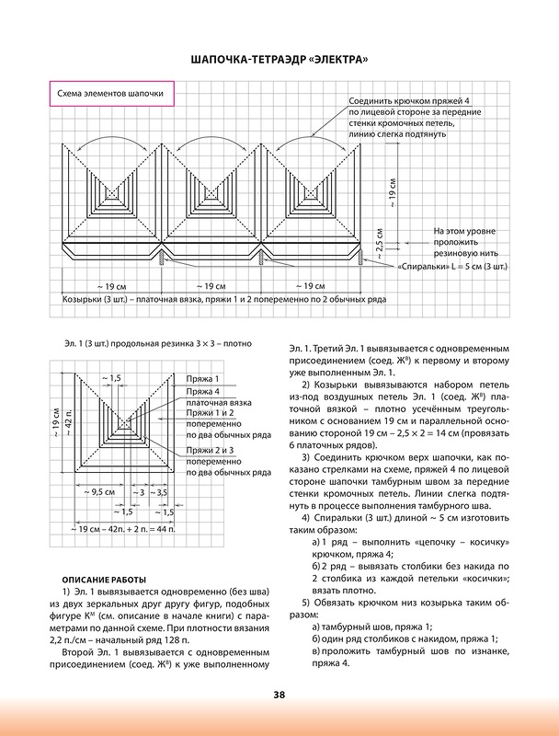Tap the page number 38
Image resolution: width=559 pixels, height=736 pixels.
point(279,695)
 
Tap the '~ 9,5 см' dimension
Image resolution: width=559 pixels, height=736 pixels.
point(98,493)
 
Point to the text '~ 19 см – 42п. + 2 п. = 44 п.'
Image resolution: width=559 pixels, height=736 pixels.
point(125,529)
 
